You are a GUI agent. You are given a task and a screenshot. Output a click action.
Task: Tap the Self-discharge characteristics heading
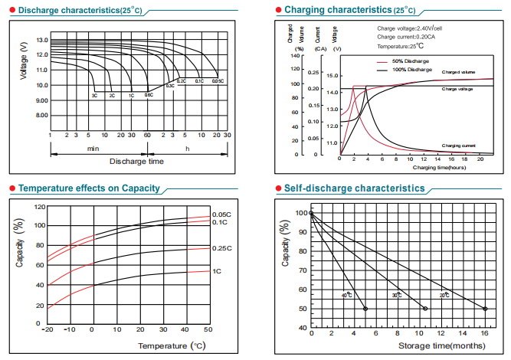[x=354, y=188]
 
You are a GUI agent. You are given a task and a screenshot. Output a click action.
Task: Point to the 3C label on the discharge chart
[x=94, y=96]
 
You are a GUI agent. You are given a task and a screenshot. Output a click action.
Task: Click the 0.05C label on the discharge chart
[x=218, y=81]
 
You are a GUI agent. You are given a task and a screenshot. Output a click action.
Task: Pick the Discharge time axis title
[x=136, y=162]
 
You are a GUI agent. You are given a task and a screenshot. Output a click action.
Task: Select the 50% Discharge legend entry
[x=410, y=61]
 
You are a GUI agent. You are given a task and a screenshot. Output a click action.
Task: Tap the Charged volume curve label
[x=458, y=72]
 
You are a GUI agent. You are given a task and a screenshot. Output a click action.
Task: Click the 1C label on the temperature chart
[x=217, y=271]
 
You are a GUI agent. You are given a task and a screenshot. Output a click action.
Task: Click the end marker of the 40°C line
[x=365, y=309]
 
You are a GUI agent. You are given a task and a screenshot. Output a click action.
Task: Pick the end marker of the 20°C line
[x=486, y=309]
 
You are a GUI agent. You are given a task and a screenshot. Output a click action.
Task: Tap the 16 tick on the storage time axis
[x=486, y=335]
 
